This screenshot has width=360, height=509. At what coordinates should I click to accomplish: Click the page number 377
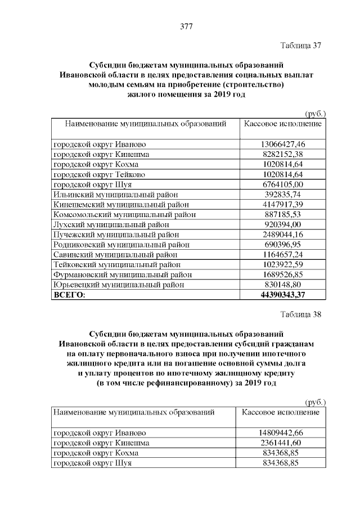(186, 26)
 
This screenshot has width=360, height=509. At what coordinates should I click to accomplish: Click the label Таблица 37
(300, 46)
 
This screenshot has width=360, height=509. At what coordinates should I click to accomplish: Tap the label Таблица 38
(300, 314)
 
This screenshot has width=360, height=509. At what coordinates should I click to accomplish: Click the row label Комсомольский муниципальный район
(118, 214)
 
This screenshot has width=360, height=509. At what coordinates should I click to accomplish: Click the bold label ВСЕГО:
(69, 295)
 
